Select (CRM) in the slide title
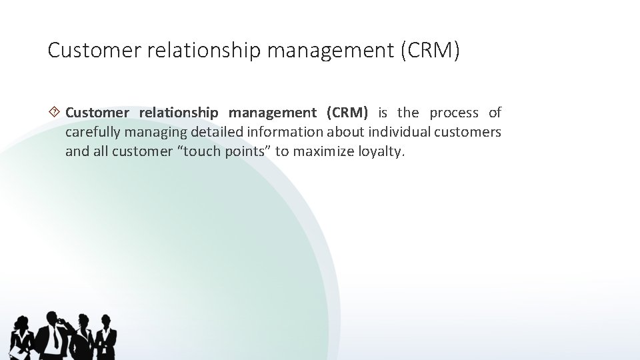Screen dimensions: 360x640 click(430, 51)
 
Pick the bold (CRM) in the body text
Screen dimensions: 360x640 click(347, 112)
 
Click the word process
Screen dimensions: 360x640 click(454, 112)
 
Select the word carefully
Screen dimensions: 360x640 click(89, 131)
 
